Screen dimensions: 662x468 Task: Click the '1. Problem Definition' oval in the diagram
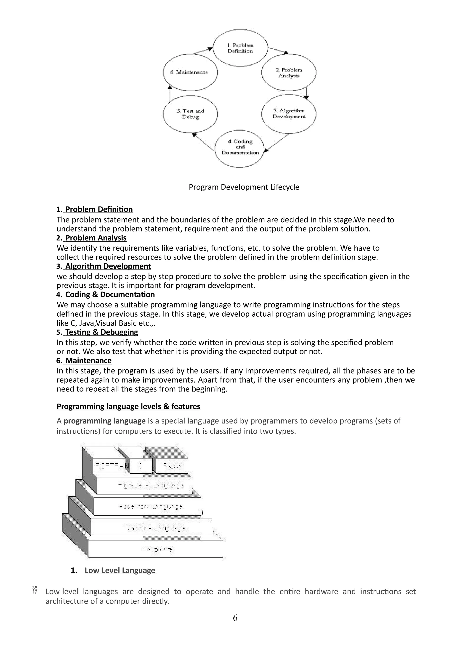tap(240, 48)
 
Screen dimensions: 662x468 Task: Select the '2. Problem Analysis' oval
tap(289, 73)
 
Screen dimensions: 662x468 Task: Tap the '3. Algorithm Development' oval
tap(289, 114)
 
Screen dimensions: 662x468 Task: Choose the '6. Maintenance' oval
tap(190, 72)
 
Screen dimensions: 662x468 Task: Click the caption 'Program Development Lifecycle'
tap(244, 187)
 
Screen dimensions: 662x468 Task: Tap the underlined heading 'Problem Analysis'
tap(96, 238)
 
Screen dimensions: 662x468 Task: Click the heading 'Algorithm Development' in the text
tap(108, 266)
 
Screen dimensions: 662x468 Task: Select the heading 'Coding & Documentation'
tap(110, 294)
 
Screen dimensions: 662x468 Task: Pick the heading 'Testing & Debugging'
tap(101, 332)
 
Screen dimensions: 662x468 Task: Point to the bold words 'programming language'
tap(104, 421)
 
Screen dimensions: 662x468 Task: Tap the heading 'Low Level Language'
tap(120, 570)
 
